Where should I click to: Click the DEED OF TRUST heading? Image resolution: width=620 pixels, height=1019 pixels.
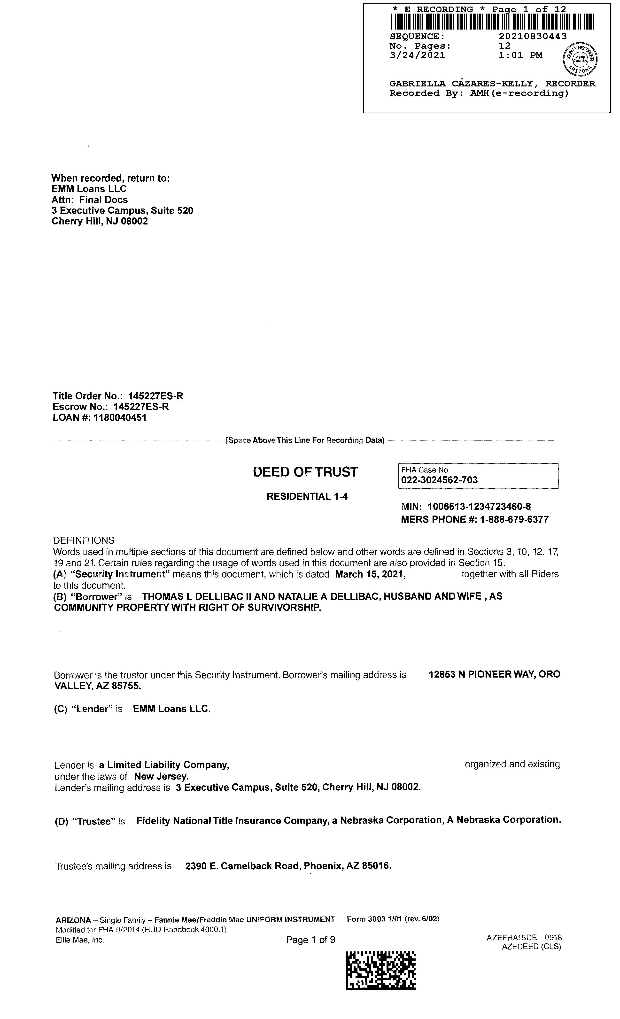pyautogui.click(x=305, y=472)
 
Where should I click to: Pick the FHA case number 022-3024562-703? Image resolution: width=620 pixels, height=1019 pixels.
pyautogui.click(x=439, y=480)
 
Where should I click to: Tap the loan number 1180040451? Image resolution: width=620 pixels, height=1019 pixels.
pyautogui.click(x=120, y=418)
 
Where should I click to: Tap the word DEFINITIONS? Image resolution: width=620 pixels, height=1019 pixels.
pyautogui.click(x=84, y=540)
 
